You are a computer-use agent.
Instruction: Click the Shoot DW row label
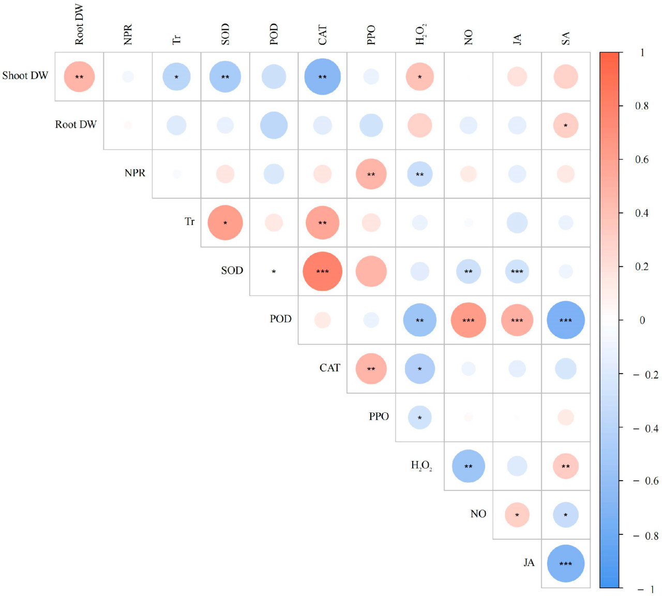(25, 76)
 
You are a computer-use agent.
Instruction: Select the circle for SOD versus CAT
(322, 271)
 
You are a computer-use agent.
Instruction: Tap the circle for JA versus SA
(565, 563)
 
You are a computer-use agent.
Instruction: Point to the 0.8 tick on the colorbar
(641, 106)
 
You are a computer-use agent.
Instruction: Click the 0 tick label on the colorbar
(642, 320)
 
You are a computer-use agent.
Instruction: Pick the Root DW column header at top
(79, 25)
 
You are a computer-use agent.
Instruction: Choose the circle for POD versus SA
(565, 320)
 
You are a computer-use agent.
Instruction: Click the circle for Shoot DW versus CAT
(322, 77)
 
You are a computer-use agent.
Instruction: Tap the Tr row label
(189, 221)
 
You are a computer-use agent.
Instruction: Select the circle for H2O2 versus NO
(468, 466)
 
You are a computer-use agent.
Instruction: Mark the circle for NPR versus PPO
(371, 174)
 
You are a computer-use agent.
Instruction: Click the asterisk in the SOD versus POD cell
(274, 272)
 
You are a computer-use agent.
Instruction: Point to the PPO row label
(379, 416)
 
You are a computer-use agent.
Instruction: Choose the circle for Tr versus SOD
(225, 222)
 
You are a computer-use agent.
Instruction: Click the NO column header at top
(468, 37)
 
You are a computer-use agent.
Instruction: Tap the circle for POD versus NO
(468, 320)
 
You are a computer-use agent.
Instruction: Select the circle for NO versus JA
(517, 515)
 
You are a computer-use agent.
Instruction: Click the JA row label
(529, 562)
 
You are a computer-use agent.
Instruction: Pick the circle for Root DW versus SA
(565, 125)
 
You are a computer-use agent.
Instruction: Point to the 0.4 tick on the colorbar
(641, 213)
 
